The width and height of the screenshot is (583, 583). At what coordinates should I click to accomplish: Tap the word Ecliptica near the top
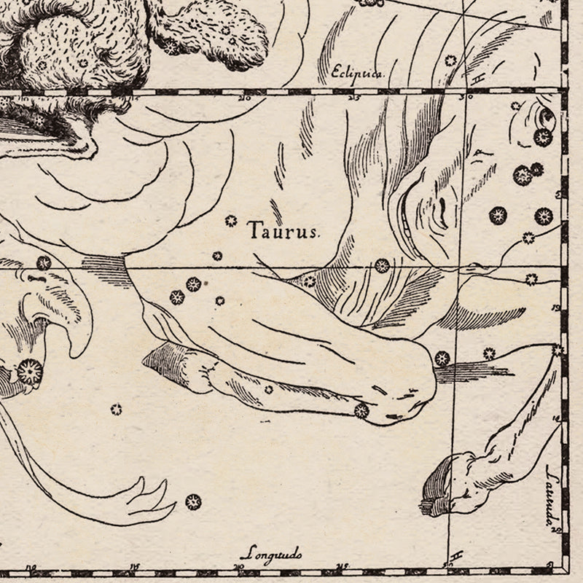pos(356,71)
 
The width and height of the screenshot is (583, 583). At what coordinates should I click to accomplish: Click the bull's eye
pos(546,118)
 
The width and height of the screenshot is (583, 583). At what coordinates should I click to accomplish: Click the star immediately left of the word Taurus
pos(232,220)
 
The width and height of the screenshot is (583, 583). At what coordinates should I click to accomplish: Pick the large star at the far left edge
pos(30,371)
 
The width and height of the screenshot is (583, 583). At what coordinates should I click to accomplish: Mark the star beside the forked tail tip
pos(193,501)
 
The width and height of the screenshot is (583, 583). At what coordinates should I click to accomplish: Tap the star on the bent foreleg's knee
pos(361,411)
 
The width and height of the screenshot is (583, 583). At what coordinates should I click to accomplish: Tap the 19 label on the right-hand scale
pos(556,308)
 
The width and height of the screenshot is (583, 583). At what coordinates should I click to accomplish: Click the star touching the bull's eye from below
pos(543,137)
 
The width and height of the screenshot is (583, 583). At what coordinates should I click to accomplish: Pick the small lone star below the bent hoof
pos(115,409)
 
